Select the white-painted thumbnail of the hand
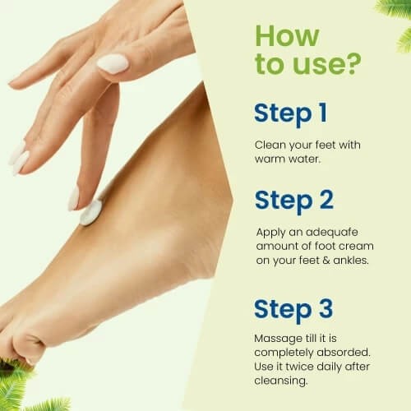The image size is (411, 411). click(113, 63)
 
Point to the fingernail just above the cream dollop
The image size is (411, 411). click(74, 197)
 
